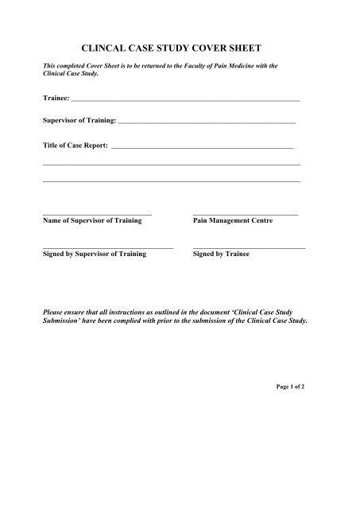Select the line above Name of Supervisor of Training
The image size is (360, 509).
pos(96,214)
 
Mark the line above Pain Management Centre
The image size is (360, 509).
pos(246,214)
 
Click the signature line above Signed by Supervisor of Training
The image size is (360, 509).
pos(107,248)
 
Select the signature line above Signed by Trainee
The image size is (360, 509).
pos(249,248)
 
